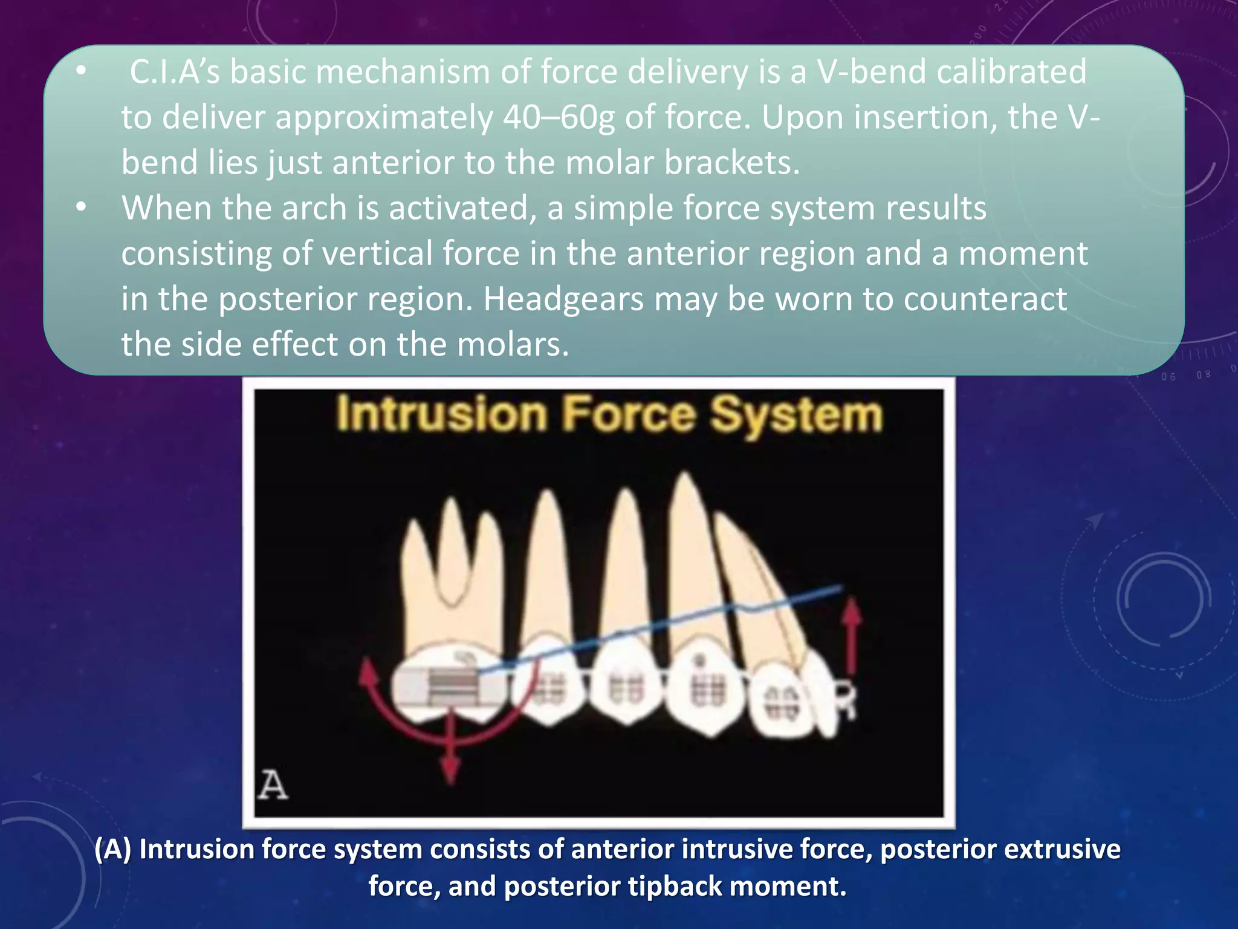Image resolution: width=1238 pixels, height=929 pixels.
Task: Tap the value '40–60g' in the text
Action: (x=558, y=118)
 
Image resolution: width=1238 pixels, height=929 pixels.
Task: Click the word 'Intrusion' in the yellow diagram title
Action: (x=442, y=415)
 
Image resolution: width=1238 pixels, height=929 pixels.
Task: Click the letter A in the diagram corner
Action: (x=273, y=786)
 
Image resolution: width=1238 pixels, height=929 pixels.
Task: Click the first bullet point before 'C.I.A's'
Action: (x=81, y=72)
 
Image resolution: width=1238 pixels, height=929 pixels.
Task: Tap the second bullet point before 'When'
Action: (x=81, y=207)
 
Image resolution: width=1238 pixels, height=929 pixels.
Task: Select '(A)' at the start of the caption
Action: (x=112, y=850)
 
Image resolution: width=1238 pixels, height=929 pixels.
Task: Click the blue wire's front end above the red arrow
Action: (x=840, y=587)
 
